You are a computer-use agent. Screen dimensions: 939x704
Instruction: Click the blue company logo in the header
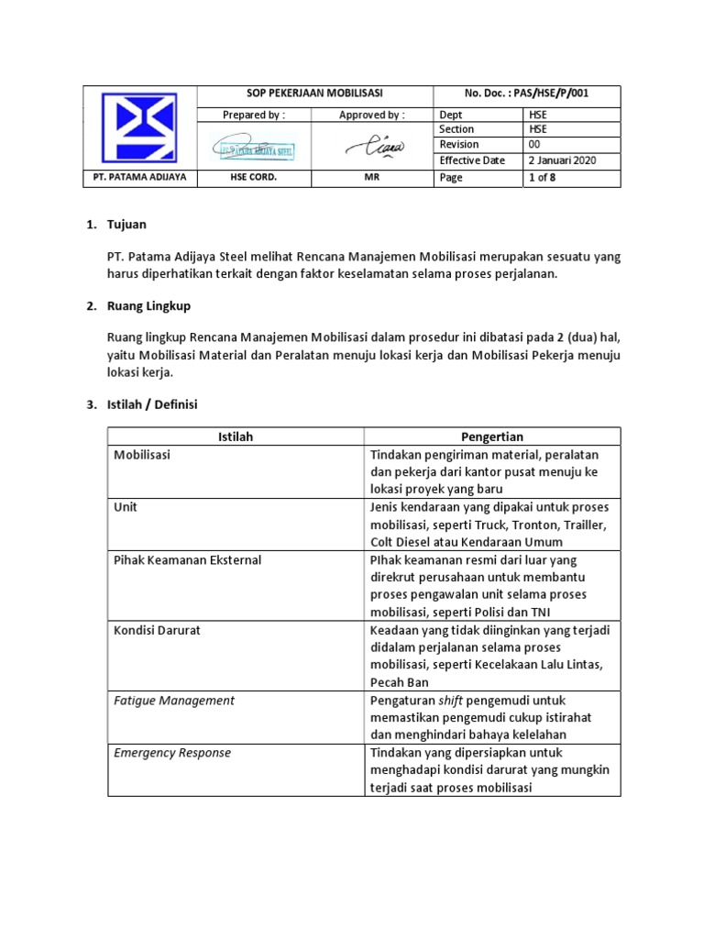(x=141, y=128)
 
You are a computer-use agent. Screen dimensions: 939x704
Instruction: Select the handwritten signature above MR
(x=371, y=146)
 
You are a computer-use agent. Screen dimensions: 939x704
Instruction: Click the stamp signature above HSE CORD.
(x=255, y=147)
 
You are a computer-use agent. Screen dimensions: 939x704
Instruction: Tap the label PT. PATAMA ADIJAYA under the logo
(x=141, y=178)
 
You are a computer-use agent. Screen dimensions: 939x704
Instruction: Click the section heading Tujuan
(x=126, y=225)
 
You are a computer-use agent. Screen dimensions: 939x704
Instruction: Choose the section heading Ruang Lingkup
(x=148, y=305)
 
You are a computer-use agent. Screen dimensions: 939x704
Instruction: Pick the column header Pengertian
(x=491, y=436)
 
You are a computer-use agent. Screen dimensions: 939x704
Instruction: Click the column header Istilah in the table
(x=236, y=436)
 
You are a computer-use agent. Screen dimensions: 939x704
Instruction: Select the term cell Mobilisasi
(x=142, y=454)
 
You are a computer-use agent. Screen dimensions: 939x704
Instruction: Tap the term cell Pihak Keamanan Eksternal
(x=187, y=559)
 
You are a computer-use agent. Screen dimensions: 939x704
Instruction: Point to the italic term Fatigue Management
(x=173, y=701)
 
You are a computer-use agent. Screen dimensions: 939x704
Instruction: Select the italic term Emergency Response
(x=172, y=753)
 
